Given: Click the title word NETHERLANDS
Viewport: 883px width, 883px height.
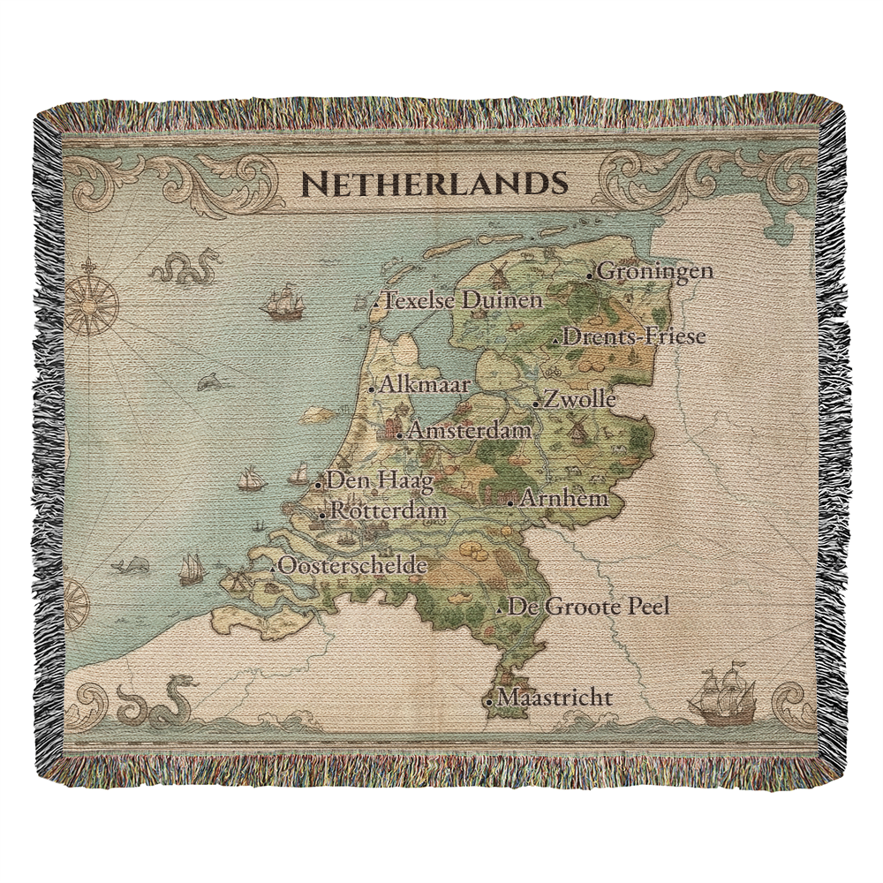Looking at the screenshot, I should point(433,184).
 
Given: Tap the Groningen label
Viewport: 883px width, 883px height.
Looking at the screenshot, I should point(655,271).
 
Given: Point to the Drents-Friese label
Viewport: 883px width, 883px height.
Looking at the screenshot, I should point(634,336).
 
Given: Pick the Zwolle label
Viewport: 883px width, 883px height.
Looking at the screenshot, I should point(579,399).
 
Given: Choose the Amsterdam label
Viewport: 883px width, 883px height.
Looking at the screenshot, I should point(470,431).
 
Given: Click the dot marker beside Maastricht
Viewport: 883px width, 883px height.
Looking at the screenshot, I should point(488,701).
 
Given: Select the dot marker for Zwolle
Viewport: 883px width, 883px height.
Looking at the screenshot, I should point(537,404).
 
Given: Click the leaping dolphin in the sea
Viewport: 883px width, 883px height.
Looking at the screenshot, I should point(211,381).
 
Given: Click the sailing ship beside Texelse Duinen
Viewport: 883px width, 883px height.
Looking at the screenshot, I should point(283,302).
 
